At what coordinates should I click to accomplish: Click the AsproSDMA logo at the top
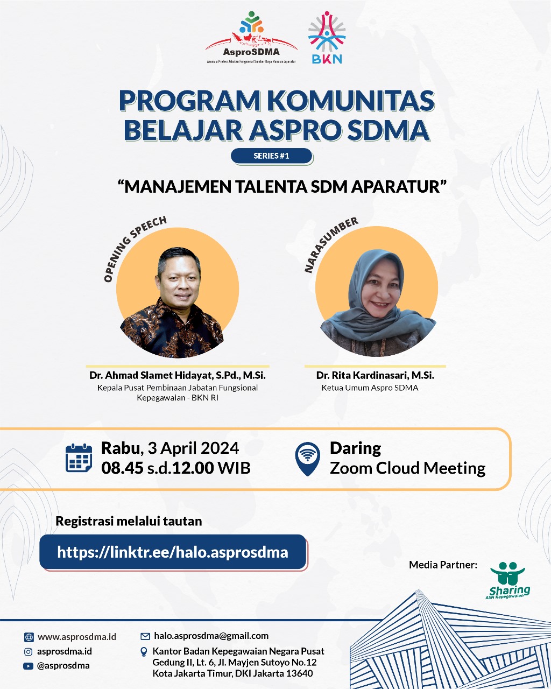(x=251, y=38)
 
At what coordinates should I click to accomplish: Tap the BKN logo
(x=327, y=38)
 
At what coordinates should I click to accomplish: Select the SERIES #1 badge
(x=272, y=156)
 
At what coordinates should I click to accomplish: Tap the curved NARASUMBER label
(x=329, y=244)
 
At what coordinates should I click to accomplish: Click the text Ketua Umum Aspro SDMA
(x=370, y=388)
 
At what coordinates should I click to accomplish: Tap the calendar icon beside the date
(x=79, y=458)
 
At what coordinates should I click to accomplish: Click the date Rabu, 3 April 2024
(x=170, y=448)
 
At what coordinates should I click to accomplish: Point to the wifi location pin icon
(x=307, y=459)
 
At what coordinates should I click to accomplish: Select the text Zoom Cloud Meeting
(x=407, y=468)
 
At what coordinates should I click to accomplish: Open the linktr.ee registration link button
(x=173, y=552)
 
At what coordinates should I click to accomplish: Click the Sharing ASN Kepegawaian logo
(x=508, y=580)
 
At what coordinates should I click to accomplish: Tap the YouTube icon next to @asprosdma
(x=28, y=666)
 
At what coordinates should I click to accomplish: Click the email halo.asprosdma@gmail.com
(x=211, y=636)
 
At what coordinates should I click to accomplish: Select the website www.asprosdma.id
(x=77, y=637)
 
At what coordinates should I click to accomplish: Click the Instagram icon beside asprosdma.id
(x=28, y=651)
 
